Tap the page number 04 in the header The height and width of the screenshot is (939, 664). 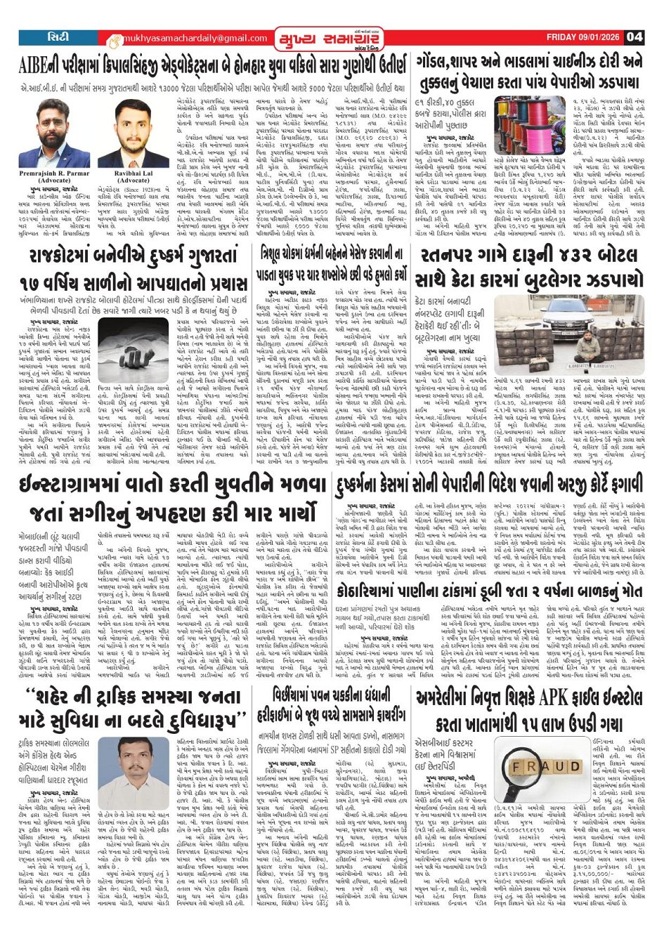pyautogui.click(x=635, y=37)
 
